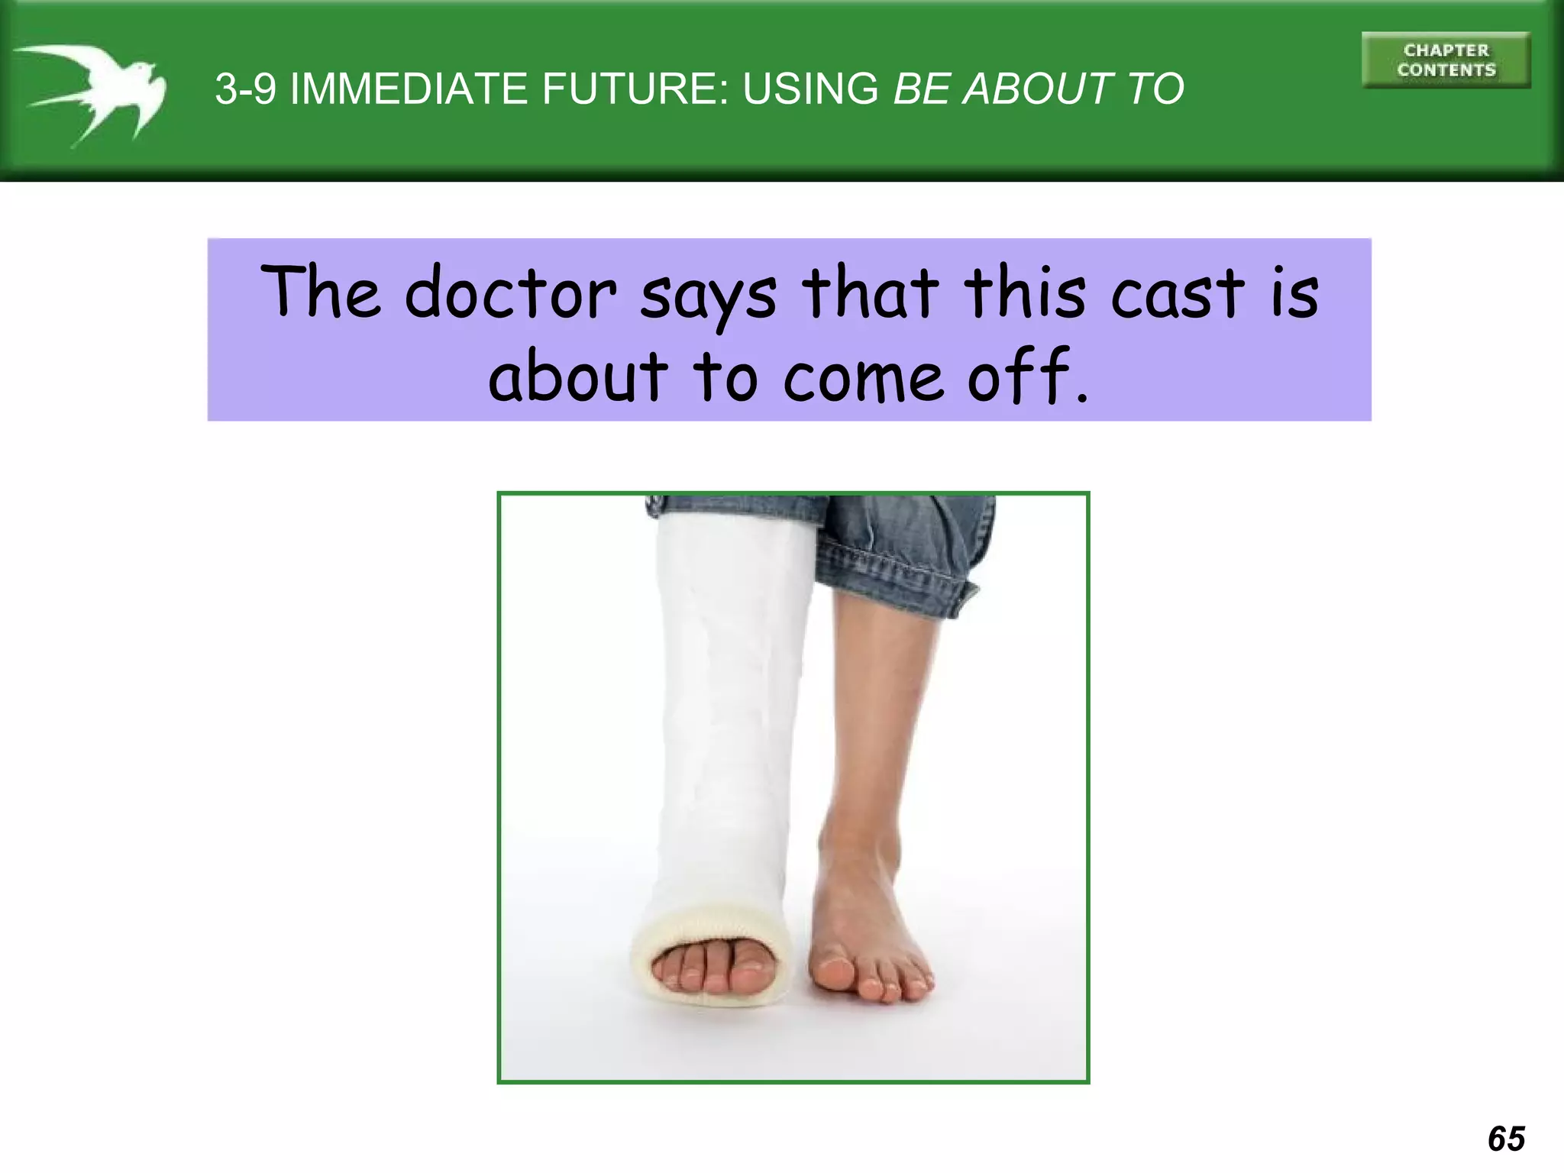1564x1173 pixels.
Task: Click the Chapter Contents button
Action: [1446, 60]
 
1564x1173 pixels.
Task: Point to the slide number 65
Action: [1506, 1139]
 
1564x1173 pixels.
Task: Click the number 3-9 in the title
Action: [245, 89]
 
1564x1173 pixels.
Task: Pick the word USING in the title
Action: [810, 89]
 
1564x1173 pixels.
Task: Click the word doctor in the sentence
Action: [510, 293]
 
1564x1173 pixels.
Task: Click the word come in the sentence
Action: [862, 378]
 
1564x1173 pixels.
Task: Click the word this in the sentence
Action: [1023, 293]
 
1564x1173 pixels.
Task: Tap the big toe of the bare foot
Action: [835, 974]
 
